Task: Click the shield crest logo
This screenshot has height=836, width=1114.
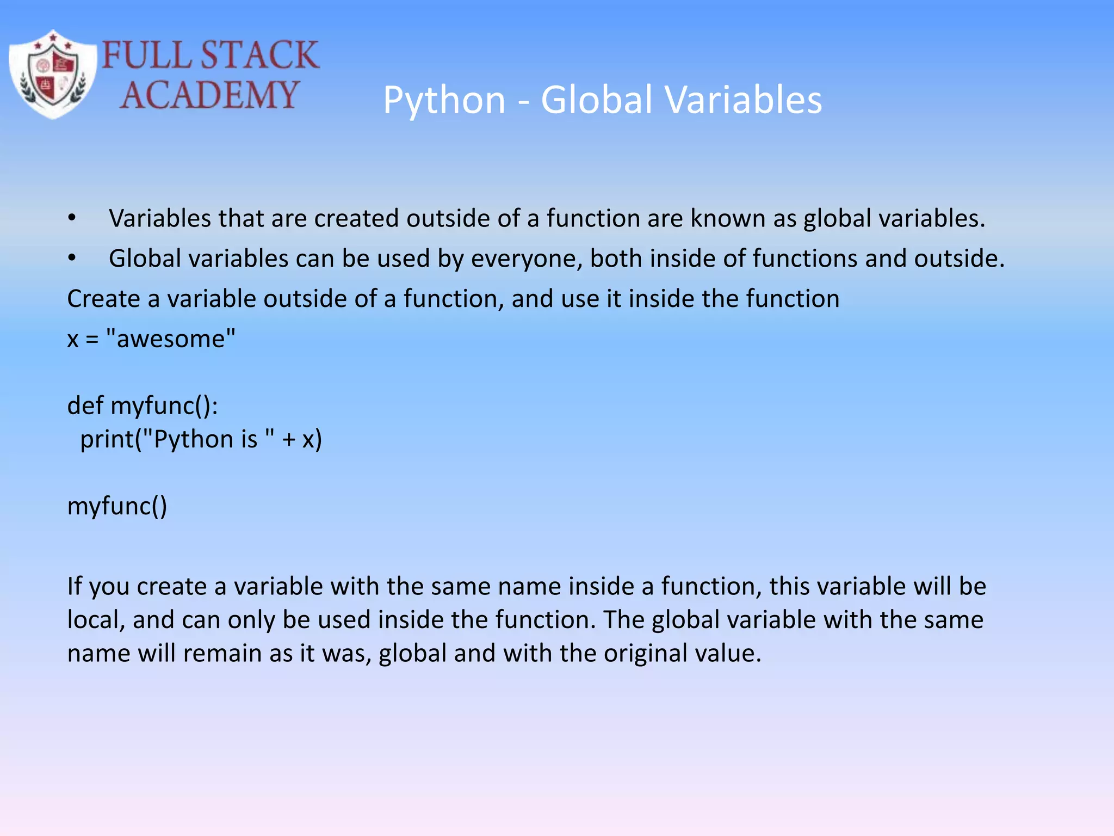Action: [53, 75]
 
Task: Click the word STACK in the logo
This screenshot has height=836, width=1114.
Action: [259, 55]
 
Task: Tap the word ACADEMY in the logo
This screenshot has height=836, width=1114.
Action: [209, 95]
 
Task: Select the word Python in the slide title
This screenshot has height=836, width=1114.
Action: [444, 101]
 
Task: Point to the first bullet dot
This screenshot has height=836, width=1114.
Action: [72, 218]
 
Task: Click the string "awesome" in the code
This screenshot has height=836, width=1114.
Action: [171, 339]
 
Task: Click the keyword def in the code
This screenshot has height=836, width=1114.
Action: [85, 405]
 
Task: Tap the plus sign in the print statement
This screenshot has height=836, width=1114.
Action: [289, 440]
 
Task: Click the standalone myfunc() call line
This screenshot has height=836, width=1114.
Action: [117, 506]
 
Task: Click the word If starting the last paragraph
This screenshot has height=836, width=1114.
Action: [74, 586]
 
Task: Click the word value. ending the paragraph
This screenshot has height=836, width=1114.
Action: [732, 653]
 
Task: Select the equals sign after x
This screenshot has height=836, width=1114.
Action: [92, 340]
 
